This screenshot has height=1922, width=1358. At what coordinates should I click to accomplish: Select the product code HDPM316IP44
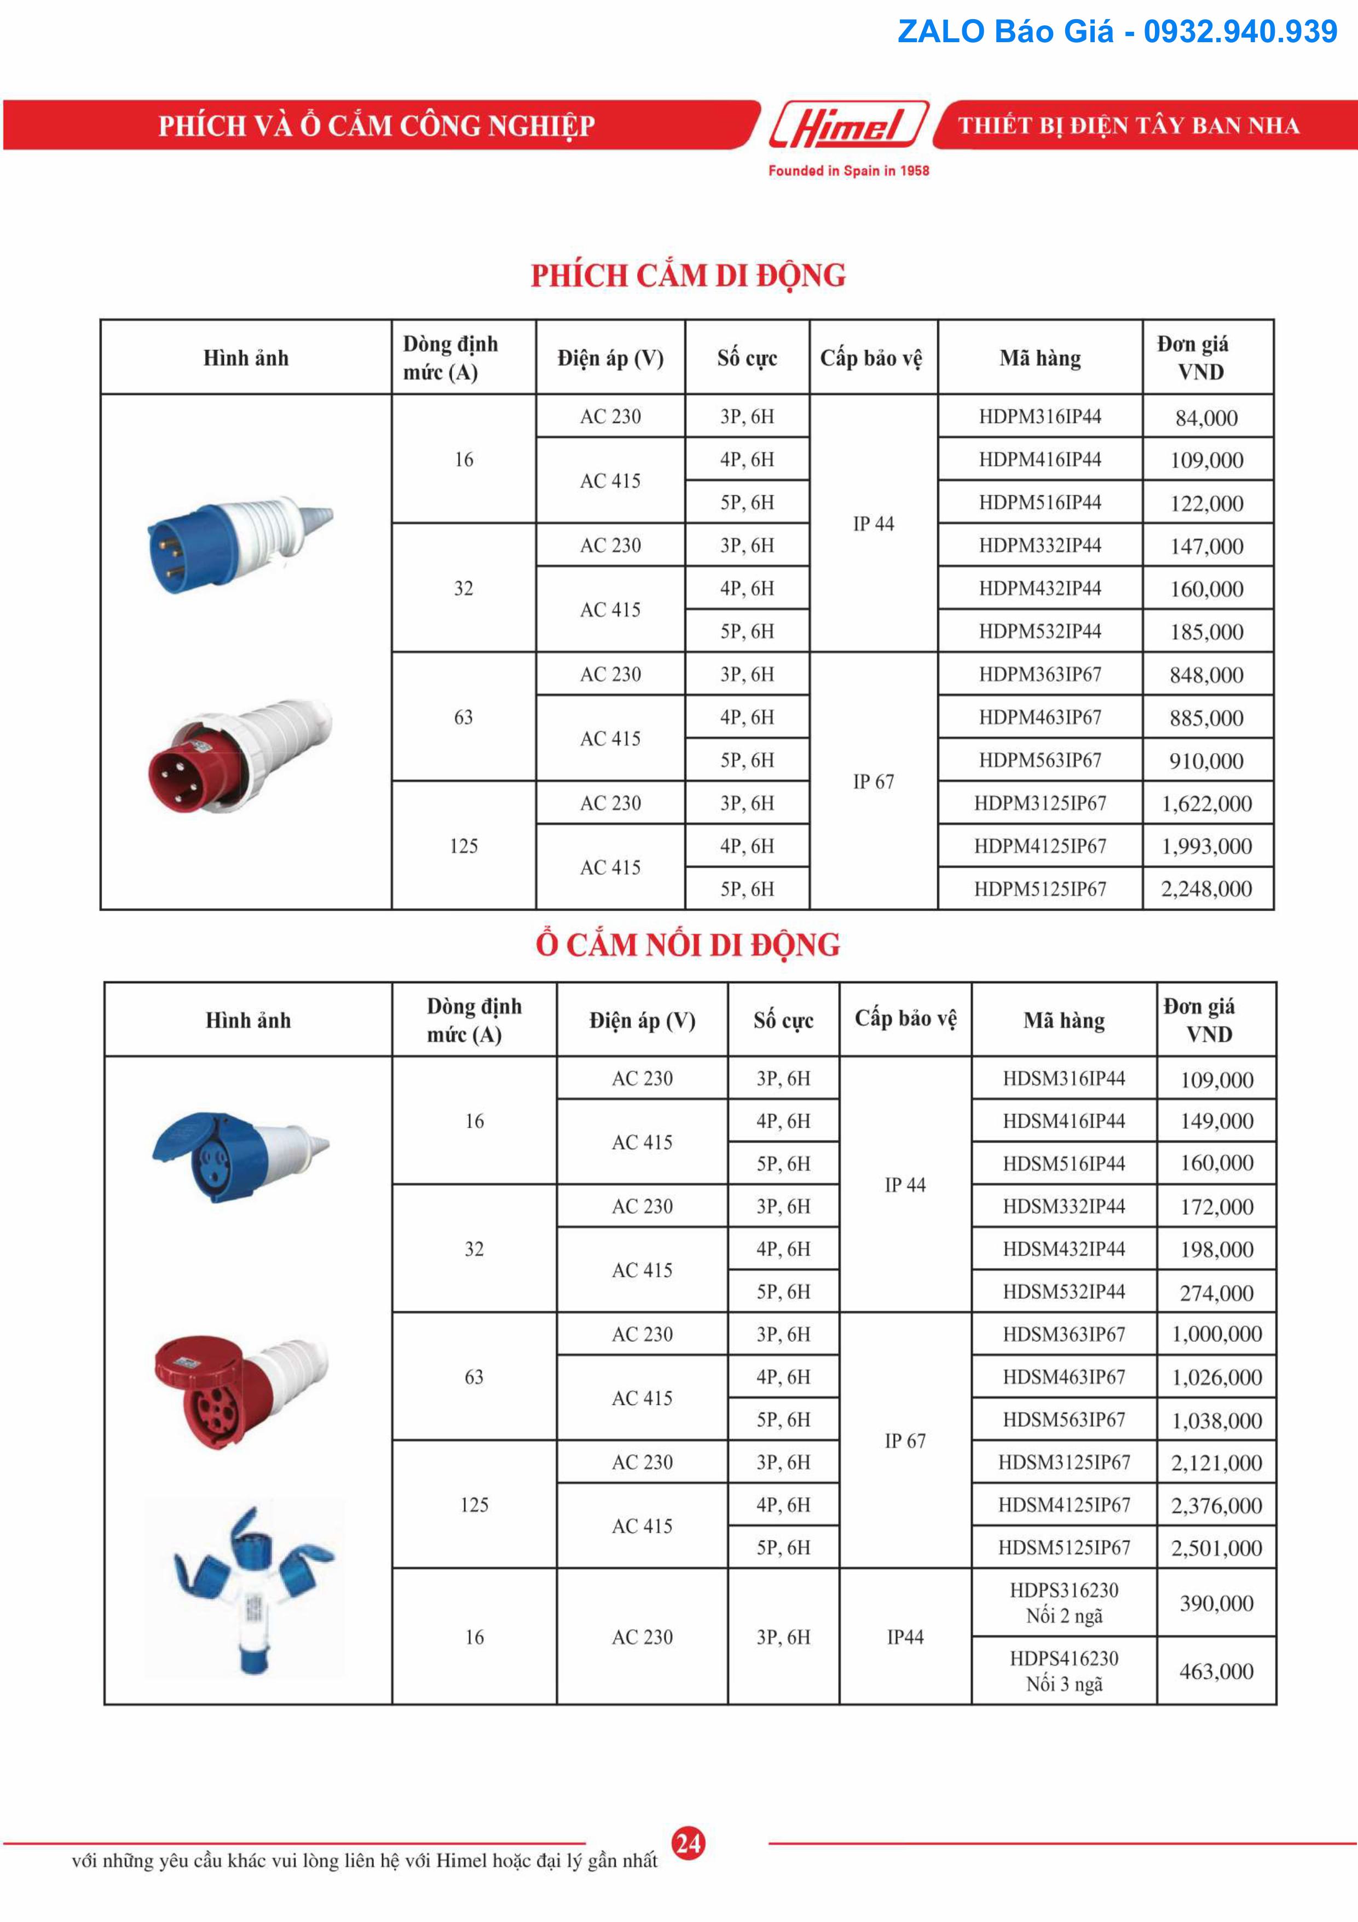point(1040,416)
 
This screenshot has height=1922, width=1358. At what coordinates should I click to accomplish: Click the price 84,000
point(1206,418)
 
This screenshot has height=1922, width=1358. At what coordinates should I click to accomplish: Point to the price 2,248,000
point(1206,889)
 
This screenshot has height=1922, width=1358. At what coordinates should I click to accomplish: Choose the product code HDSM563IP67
point(1064,1420)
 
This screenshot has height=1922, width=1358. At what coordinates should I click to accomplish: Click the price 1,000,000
point(1216,1334)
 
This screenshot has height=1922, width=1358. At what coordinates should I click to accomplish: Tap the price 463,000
point(1216,1672)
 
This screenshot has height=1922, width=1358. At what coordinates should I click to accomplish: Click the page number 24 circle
point(688,1843)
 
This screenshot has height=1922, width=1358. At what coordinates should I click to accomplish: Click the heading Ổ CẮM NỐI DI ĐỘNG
point(688,945)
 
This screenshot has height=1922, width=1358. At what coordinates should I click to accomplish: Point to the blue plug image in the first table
point(239,544)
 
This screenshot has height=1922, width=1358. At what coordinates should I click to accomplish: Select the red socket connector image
point(241,1390)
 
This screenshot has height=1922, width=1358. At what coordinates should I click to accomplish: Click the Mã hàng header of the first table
point(1040,358)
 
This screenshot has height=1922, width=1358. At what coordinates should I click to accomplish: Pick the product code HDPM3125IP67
point(1040,804)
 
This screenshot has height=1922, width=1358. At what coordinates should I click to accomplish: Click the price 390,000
point(1216,1603)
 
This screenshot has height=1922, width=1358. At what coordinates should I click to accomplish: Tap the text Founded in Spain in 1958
point(848,171)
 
